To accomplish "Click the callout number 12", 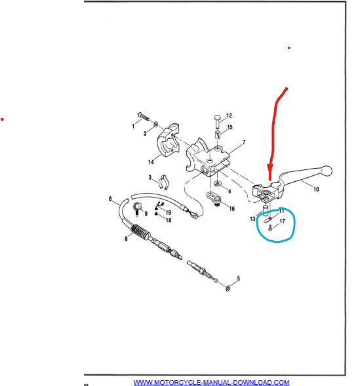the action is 229,116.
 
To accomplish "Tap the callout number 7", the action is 244,142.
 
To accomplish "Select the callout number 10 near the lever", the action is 316,189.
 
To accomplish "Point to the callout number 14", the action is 151,162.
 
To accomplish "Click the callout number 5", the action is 238,278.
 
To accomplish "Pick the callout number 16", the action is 232,209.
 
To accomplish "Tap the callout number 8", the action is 126,239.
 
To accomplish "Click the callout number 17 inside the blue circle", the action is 282,222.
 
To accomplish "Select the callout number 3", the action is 150,177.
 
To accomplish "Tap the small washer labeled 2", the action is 156,124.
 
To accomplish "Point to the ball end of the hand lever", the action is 327,171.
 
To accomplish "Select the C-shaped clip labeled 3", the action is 163,182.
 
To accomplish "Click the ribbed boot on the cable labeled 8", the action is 140,232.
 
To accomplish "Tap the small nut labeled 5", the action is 228,288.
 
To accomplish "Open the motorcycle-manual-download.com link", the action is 211,382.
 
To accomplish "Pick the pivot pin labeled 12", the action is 218,121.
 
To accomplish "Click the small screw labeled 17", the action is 270,228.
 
